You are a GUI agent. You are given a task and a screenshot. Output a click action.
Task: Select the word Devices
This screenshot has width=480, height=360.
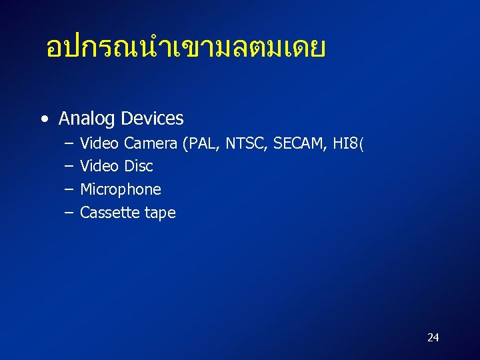(x=152, y=119)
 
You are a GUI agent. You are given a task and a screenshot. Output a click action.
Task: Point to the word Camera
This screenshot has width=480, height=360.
(x=151, y=143)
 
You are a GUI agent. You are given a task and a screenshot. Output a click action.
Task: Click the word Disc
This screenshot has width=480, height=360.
(x=138, y=166)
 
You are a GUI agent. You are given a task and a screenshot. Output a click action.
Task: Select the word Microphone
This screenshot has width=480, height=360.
(x=121, y=189)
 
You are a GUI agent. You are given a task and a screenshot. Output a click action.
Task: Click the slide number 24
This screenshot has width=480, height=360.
(x=433, y=337)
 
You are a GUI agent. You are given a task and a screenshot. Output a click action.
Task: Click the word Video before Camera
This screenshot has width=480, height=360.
(x=100, y=143)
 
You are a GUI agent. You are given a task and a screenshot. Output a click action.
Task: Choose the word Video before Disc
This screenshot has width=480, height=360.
(x=100, y=166)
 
